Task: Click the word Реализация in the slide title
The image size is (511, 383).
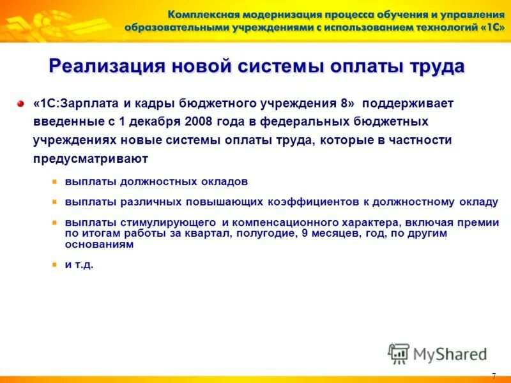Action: [x=104, y=66]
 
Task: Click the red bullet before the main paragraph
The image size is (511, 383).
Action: [x=20, y=103]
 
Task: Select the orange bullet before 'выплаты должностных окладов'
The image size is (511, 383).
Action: [x=56, y=181]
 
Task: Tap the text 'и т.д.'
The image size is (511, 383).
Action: [x=79, y=265]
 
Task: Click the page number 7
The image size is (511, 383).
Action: [x=494, y=375]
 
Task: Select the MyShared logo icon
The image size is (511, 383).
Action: [x=399, y=353]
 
